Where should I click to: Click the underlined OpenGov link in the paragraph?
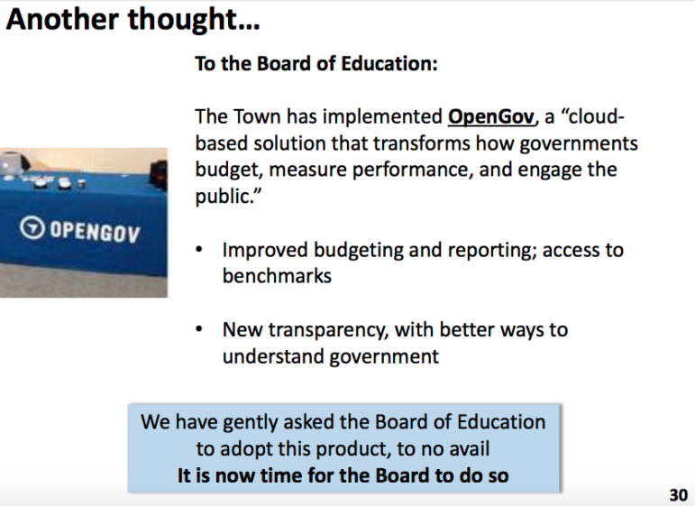coord(491,116)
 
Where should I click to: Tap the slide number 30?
coord(678,494)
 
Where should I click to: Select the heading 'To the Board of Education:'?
coord(316,63)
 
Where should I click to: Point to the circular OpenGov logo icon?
coord(32,227)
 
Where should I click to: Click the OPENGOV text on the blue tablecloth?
coord(95,232)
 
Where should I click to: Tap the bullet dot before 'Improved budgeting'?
coord(199,250)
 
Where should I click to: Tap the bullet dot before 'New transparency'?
coord(199,329)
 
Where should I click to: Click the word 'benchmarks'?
coord(277,276)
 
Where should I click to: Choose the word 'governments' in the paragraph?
coord(579,144)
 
